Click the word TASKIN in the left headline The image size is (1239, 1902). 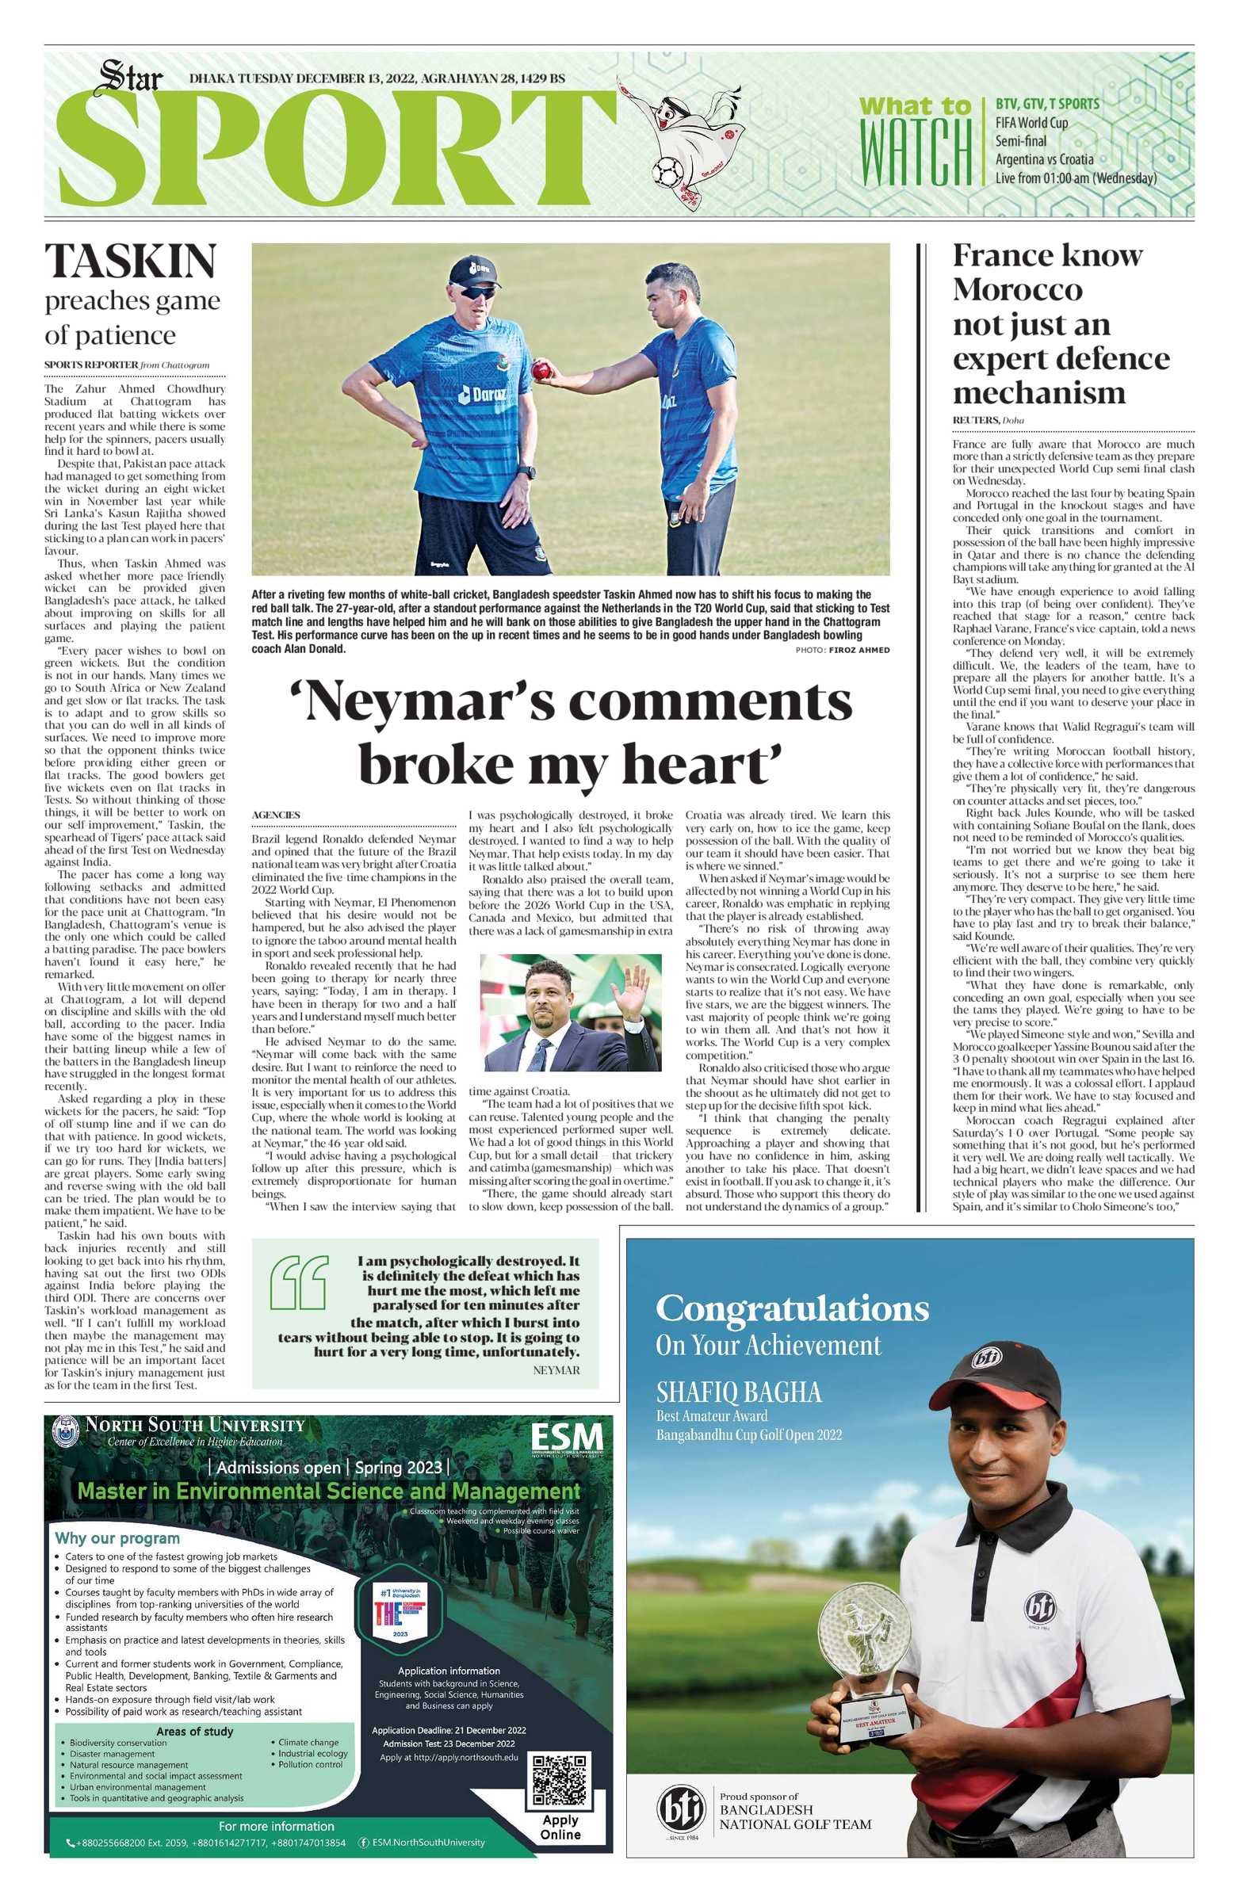130,262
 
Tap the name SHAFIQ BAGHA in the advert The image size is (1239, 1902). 739,1393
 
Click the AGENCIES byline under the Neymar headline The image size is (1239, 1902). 276,815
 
